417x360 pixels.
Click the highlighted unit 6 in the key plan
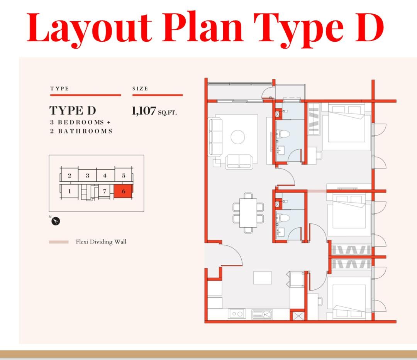point(123,191)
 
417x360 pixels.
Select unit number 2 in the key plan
point(69,175)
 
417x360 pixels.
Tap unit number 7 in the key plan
point(105,191)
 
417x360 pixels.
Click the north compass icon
point(56,221)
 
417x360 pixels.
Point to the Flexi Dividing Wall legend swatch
point(59,242)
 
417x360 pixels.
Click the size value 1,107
point(144,111)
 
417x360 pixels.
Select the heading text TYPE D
point(73,110)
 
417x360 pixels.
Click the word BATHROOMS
point(85,131)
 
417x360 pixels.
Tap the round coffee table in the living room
point(238,137)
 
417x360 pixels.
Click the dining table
point(248,213)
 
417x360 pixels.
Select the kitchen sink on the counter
point(262,314)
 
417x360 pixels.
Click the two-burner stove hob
point(237,314)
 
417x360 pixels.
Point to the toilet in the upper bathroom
point(283,134)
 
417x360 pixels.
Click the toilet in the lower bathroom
point(283,218)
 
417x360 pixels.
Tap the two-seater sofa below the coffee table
point(239,162)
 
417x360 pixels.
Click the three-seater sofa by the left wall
point(216,137)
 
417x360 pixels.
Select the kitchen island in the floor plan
point(263,278)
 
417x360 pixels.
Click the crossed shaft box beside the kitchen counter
point(298,316)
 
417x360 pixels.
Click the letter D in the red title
point(369,28)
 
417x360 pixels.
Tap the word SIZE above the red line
point(140,88)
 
